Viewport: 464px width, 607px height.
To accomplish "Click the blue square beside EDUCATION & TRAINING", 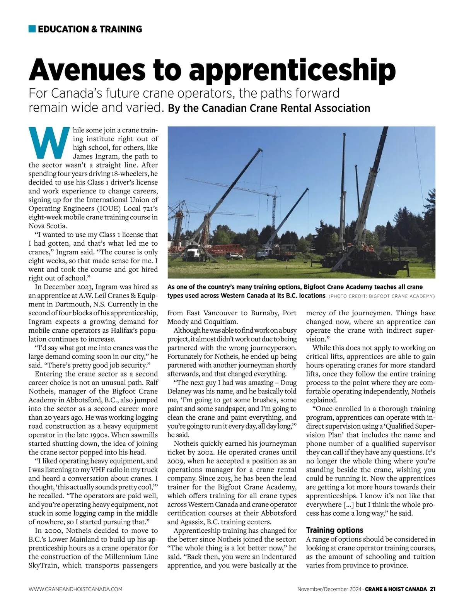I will [x=32, y=29].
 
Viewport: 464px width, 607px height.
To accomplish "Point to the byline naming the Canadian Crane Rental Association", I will [x=269, y=108].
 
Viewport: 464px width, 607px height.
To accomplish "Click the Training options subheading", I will [x=335, y=530].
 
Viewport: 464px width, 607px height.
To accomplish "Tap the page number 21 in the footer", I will [x=433, y=589].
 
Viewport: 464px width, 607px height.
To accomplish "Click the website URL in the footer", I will [x=75, y=589].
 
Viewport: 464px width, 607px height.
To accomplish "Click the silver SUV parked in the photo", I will [x=234, y=256].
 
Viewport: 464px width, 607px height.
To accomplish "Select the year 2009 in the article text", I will [x=176, y=461].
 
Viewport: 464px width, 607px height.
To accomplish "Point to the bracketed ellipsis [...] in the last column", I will [x=348, y=505].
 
